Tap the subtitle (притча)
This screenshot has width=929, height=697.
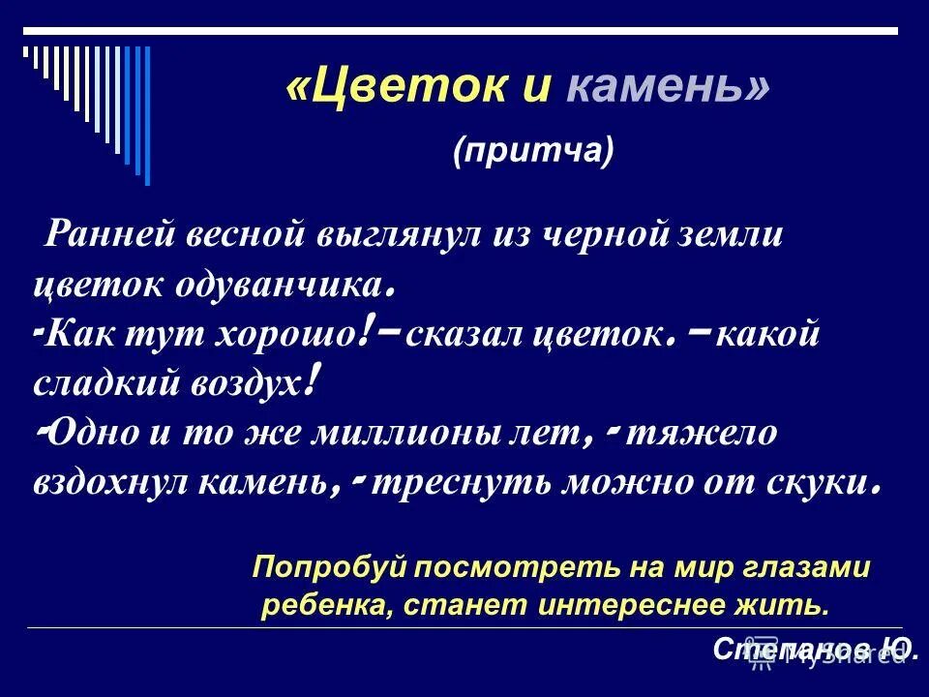(x=533, y=151)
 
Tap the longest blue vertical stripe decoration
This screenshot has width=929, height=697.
(x=146, y=114)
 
